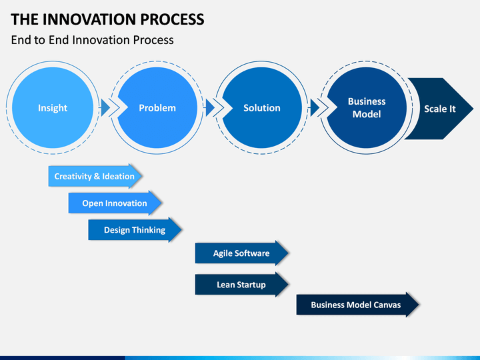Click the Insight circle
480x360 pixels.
pyautogui.click(x=53, y=108)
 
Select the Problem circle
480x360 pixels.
pyautogui.click(x=157, y=108)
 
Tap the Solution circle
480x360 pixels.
pyautogui.click(x=262, y=108)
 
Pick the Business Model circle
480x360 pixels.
pyautogui.click(x=367, y=108)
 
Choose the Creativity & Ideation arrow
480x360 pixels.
pyautogui.click(x=95, y=176)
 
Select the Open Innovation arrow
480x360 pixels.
pyautogui.click(x=115, y=203)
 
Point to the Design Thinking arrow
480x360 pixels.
pyautogui.click(x=135, y=229)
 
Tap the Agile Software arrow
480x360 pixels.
pyautogui.click(x=242, y=253)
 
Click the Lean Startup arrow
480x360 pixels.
pyautogui.click(x=242, y=285)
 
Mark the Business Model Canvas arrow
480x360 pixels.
pyautogui.click(x=357, y=305)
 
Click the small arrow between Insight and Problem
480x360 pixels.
pyautogui.click(x=105, y=108)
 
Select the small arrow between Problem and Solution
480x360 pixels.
pyautogui.click(x=210, y=108)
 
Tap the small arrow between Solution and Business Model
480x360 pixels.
pyautogui.click(x=315, y=108)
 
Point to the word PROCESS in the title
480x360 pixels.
pyautogui.click(x=173, y=19)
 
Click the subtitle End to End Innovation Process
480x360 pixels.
pyautogui.click(x=92, y=40)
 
